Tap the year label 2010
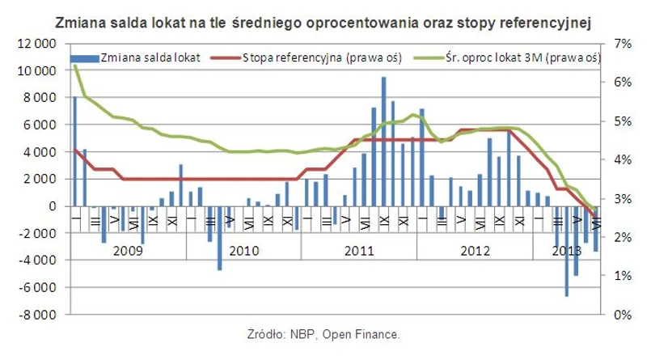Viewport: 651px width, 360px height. click(x=243, y=251)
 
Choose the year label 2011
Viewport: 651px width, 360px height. click(x=359, y=251)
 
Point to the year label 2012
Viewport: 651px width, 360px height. click(x=475, y=251)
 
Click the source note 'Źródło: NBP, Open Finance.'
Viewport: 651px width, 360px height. click(x=323, y=333)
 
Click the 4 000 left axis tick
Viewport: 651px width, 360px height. click(x=37, y=152)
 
